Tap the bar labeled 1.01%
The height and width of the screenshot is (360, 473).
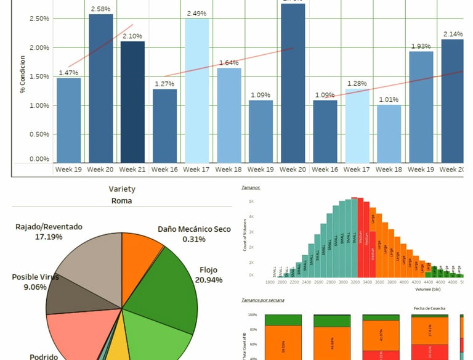tap(389, 133)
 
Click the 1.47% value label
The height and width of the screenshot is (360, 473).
tap(68, 73)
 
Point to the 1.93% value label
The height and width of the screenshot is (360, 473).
tap(421, 46)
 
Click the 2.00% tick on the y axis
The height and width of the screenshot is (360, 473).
tap(39, 47)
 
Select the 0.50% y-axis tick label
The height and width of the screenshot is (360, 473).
tap(39, 134)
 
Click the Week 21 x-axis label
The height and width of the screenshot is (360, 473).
tap(132, 169)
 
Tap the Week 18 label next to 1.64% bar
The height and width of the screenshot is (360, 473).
tap(228, 169)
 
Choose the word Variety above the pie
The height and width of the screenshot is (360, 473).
tap(122, 189)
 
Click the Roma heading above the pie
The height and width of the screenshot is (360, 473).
tap(122, 200)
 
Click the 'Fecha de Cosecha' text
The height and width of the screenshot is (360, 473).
tap(428, 308)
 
